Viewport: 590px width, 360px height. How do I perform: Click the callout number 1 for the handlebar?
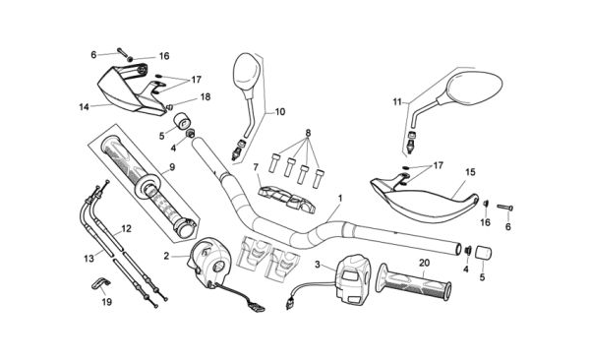(x=340, y=198)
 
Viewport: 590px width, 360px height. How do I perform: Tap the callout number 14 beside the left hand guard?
(x=84, y=107)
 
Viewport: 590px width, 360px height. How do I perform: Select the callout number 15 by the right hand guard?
(x=470, y=172)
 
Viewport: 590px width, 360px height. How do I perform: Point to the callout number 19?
(x=107, y=302)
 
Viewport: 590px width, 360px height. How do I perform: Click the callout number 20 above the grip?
(x=424, y=264)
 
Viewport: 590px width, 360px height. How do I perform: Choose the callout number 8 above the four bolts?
(x=308, y=133)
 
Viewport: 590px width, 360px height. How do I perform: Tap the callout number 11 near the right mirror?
(x=397, y=102)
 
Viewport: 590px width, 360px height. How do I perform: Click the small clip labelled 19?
(x=100, y=283)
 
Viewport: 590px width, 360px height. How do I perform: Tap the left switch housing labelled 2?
(x=208, y=261)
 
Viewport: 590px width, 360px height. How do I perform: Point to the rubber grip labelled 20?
(x=414, y=281)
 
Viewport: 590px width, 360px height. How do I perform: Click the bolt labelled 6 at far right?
(x=505, y=208)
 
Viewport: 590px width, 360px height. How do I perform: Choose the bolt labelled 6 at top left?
(x=123, y=52)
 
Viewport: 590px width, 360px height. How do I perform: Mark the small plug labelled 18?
(x=169, y=107)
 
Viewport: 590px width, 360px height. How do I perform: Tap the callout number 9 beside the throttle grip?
(x=172, y=167)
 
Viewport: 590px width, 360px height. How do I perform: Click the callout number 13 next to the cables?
(x=88, y=259)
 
